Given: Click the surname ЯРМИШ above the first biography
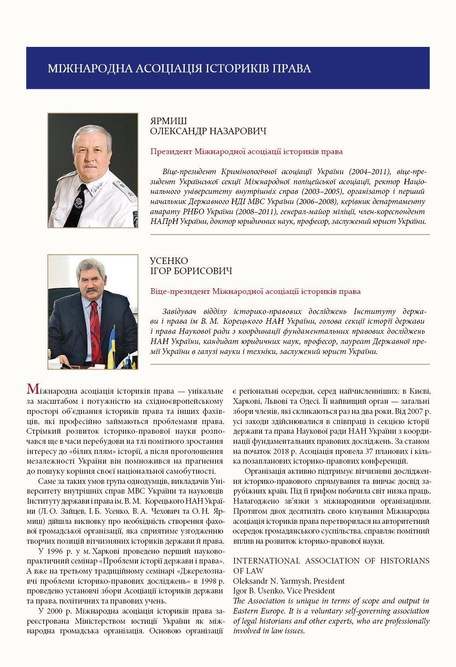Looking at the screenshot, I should [x=168, y=121].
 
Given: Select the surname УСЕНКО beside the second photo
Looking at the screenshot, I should [x=169, y=261].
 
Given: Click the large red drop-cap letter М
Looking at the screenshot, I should [x=33, y=390].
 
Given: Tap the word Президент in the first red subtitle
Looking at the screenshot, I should [x=171, y=152].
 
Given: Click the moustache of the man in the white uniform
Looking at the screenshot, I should [x=90, y=165].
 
